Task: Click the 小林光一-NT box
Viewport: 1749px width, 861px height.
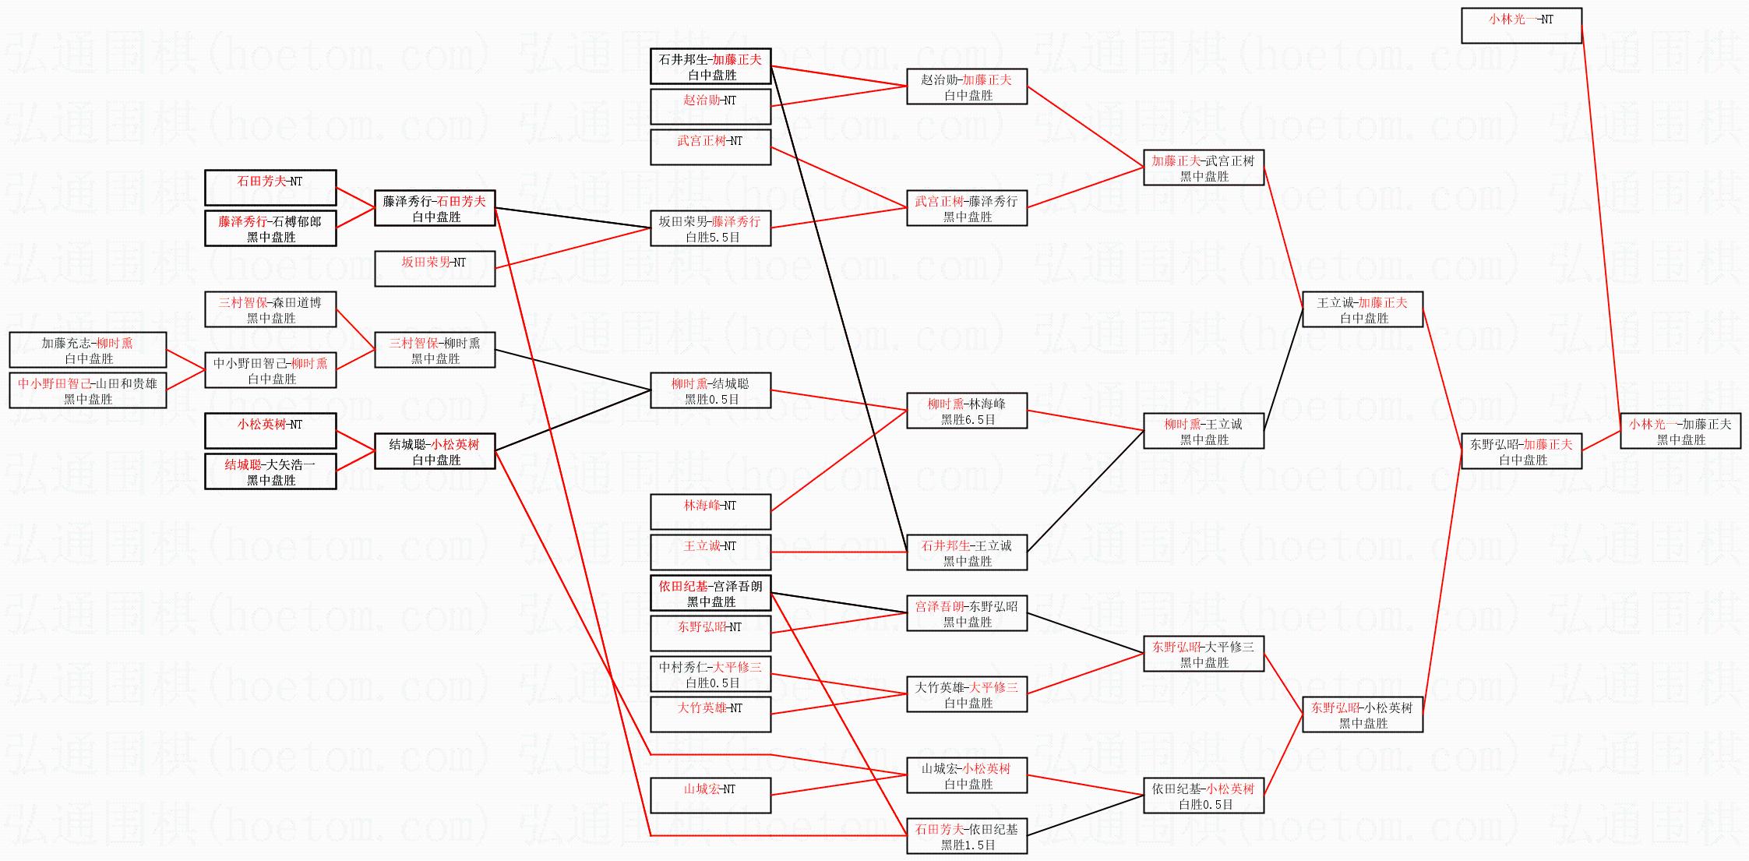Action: pos(1521,26)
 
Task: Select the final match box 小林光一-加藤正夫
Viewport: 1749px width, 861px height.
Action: pos(1680,431)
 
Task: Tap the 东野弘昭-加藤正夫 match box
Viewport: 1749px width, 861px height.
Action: pos(1521,451)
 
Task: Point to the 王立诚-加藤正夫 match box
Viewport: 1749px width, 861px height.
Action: pos(1363,309)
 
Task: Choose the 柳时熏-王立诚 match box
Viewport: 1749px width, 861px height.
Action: pos(1203,431)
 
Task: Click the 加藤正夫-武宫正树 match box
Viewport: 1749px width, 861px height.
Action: pos(1203,168)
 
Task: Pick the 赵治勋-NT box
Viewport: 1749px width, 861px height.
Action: pos(710,107)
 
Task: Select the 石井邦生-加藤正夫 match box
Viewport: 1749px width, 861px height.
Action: pos(710,66)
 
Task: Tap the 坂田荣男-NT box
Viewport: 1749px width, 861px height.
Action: pos(434,269)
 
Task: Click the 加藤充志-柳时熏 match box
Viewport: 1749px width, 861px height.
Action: pos(87,350)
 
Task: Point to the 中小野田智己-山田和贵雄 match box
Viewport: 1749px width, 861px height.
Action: pos(87,390)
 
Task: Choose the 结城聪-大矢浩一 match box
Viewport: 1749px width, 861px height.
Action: pos(270,471)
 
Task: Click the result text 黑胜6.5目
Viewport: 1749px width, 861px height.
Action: pos(968,420)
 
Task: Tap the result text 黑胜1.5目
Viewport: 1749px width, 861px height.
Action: pos(968,845)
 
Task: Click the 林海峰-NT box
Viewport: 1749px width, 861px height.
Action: pos(710,512)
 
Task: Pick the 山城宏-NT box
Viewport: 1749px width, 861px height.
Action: pos(710,796)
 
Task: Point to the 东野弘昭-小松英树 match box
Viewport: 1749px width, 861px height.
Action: pos(1363,715)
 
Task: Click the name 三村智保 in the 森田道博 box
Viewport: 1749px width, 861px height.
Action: pos(242,302)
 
